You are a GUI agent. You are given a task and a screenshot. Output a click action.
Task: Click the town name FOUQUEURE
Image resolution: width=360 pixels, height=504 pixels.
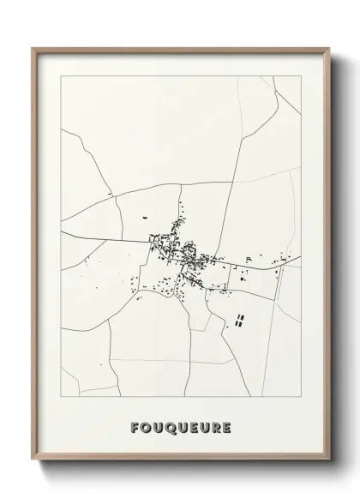click(x=181, y=426)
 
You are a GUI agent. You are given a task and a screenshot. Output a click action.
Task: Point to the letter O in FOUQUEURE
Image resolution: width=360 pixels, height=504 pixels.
click(x=147, y=426)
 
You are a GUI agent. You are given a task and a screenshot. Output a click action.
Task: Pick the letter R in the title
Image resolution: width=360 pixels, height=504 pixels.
click(x=215, y=426)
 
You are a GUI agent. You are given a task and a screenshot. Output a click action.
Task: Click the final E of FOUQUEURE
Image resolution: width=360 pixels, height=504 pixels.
click(x=226, y=426)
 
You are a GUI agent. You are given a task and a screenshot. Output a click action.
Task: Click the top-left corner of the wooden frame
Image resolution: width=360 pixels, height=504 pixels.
click(x=33, y=48)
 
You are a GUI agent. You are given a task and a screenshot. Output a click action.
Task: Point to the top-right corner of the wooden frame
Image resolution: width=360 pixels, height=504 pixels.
click(x=330, y=48)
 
